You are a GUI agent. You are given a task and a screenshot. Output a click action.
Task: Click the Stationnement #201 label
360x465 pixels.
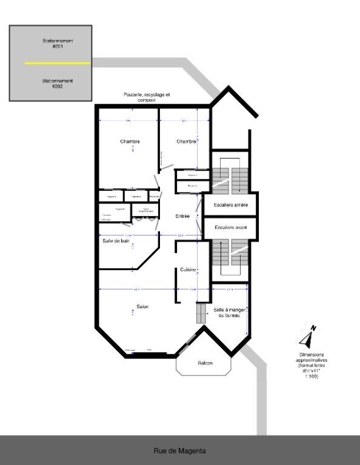(x=58, y=44)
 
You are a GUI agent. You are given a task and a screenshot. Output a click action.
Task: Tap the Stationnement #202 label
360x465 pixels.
(x=58, y=83)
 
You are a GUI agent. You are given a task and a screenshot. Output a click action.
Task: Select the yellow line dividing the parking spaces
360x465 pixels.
(x=57, y=63)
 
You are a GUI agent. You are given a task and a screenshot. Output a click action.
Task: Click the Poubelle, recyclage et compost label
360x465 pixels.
(x=147, y=97)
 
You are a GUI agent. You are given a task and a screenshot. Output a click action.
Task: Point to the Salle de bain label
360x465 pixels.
(x=116, y=240)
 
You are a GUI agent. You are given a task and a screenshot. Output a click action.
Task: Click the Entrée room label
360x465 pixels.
(x=182, y=216)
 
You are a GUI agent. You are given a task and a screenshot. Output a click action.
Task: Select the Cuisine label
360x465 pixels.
(x=188, y=269)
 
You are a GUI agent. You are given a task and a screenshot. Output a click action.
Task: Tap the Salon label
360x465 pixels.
(x=142, y=306)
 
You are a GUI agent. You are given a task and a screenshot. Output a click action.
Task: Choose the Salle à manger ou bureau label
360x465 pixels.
(x=229, y=312)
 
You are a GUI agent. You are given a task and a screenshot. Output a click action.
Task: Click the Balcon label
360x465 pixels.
(x=205, y=363)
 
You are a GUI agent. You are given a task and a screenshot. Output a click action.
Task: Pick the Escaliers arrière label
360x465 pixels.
(x=230, y=205)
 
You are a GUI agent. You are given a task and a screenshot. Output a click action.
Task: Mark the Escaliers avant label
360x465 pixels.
(x=230, y=228)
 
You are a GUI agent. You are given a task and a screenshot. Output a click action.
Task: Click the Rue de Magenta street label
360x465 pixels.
(x=179, y=450)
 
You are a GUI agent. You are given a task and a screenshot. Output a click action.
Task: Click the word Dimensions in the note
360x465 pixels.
(x=312, y=355)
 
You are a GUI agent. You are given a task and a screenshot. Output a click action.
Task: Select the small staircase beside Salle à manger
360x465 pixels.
(x=202, y=313)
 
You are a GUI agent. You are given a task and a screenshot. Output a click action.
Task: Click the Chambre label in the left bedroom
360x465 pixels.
(x=130, y=142)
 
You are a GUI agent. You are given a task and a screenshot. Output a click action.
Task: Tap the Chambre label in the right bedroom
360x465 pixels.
(x=186, y=142)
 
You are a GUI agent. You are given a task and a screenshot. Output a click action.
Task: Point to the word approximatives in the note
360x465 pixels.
(x=312, y=360)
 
